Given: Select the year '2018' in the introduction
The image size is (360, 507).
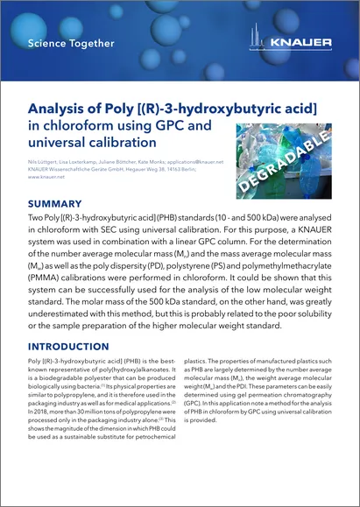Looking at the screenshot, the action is (41, 419).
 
